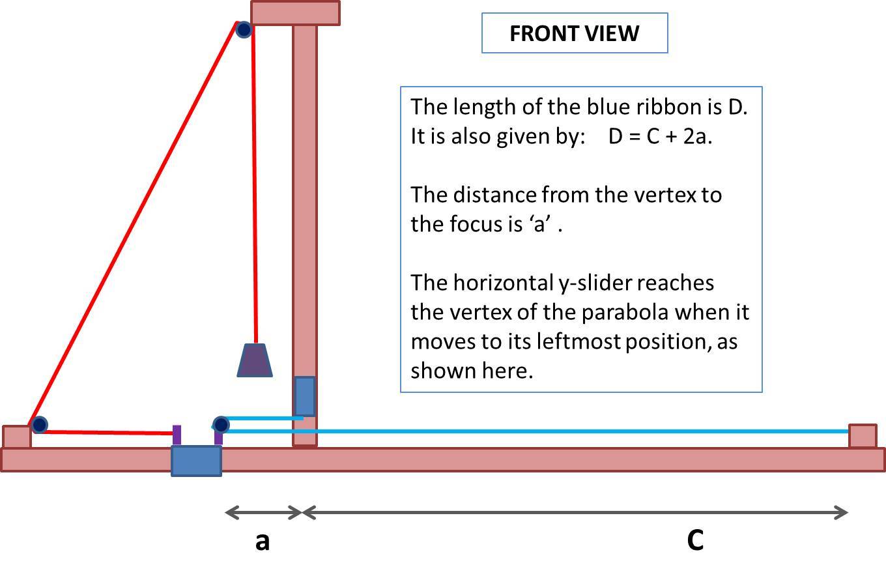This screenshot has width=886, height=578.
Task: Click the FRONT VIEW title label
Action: (574, 33)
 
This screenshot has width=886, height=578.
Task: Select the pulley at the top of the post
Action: (244, 29)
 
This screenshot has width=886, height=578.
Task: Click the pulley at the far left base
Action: (39, 425)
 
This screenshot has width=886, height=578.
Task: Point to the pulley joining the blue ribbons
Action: (221, 425)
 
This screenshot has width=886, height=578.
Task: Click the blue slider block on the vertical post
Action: (305, 396)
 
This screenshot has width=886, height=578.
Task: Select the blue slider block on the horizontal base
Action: (196, 461)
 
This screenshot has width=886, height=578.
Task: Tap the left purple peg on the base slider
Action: (177, 435)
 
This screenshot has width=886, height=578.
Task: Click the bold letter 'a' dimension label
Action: (262, 541)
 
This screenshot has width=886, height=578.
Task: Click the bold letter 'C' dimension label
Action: (695, 540)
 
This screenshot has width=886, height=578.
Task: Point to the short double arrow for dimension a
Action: (263, 513)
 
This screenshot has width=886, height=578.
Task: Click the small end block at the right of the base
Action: (863, 436)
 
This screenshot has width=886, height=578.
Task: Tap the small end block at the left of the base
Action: (16, 437)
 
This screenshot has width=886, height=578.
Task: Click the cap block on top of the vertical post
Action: (295, 13)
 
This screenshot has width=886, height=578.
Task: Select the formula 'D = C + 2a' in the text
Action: (659, 137)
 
